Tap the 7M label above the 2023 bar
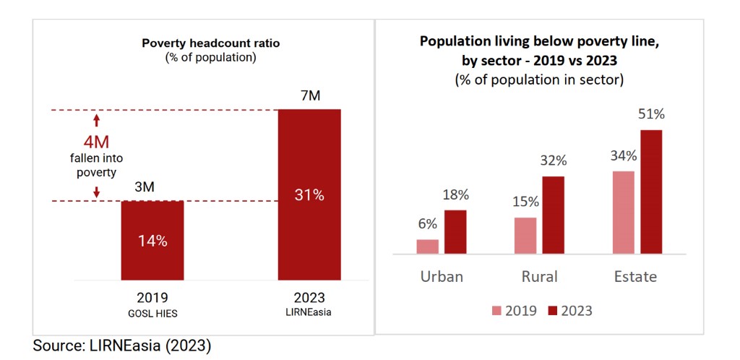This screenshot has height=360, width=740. (x=309, y=96)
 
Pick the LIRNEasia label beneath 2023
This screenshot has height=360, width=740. (x=309, y=312)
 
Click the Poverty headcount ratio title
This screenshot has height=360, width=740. (x=210, y=43)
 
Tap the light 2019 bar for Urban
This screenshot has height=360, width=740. (x=428, y=247)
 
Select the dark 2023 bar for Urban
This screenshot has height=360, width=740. (x=455, y=232)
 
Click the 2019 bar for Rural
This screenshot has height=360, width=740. (x=525, y=236)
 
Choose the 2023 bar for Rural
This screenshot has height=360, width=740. (x=553, y=215)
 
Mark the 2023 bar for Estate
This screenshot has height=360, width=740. (x=651, y=192)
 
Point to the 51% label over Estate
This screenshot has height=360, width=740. (x=651, y=114)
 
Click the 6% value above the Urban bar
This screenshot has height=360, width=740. (x=427, y=224)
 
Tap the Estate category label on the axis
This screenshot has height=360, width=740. (x=636, y=277)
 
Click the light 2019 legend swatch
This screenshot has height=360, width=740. (x=497, y=311)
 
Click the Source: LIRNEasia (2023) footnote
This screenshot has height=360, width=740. (x=121, y=346)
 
